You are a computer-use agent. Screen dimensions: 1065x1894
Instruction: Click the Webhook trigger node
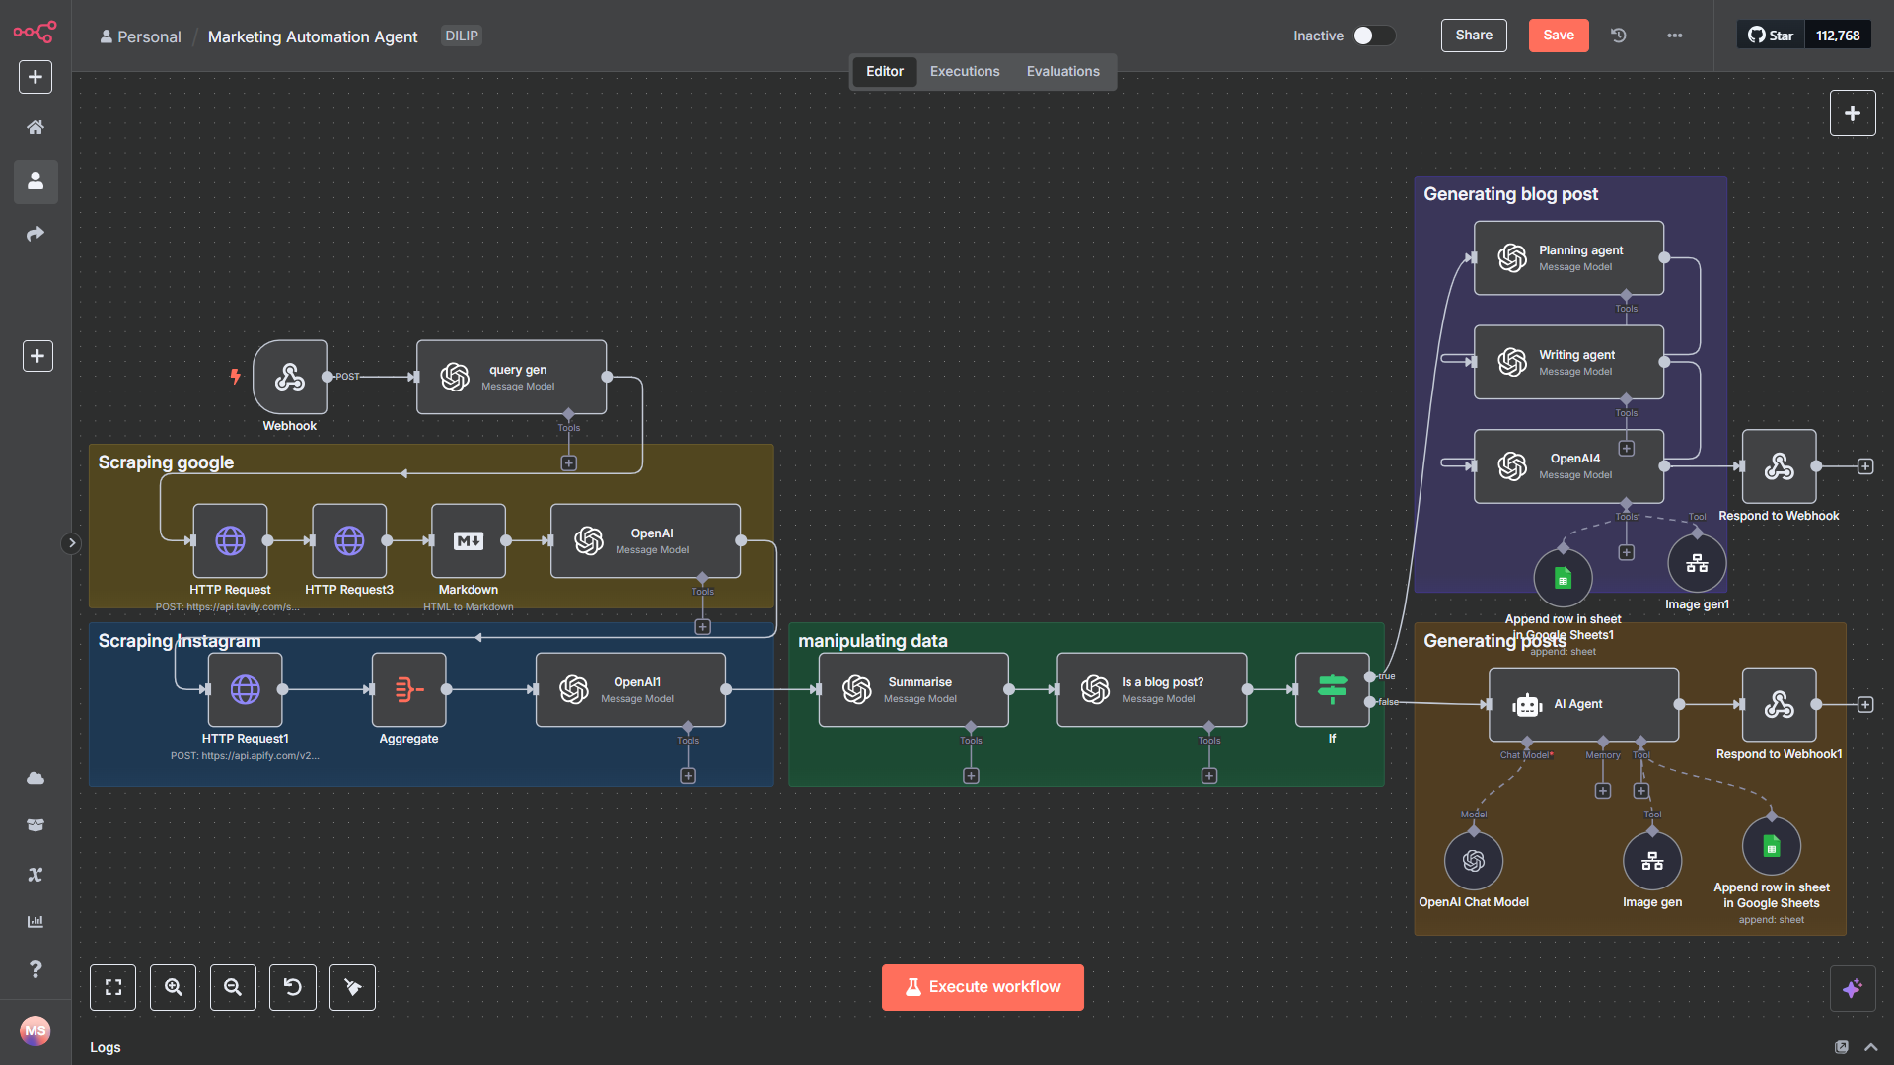click(x=290, y=377)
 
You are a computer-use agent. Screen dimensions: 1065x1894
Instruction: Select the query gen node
click(x=511, y=377)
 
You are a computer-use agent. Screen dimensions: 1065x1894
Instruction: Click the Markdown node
click(x=469, y=540)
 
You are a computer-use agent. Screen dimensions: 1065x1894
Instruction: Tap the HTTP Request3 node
click(x=349, y=540)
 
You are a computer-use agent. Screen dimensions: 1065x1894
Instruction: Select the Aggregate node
click(x=408, y=689)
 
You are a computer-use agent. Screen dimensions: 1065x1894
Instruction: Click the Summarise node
click(x=913, y=689)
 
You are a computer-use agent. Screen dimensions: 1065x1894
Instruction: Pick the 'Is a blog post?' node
click(x=1151, y=689)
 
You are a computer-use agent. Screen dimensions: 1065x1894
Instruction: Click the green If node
click(x=1332, y=689)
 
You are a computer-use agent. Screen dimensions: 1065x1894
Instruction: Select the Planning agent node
click(x=1568, y=257)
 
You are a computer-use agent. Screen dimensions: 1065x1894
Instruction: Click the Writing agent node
click(x=1568, y=362)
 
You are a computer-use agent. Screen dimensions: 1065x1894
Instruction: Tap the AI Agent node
click(x=1583, y=704)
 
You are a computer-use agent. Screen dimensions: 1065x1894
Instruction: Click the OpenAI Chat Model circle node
click(x=1474, y=860)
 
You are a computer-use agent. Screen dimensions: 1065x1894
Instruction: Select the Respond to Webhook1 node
click(x=1779, y=704)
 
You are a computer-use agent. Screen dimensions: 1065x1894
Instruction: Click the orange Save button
click(x=1559, y=35)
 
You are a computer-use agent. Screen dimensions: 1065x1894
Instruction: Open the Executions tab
click(x=965, y=72)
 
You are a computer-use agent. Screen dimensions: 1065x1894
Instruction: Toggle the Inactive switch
click(x=1373, y=35)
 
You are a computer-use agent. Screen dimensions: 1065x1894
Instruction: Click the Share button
click(x=1474, y=35)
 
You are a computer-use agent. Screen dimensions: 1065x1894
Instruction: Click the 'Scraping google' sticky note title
click(x=166, y=462)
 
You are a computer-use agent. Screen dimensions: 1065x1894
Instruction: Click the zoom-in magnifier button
click(x=173, y=987)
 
